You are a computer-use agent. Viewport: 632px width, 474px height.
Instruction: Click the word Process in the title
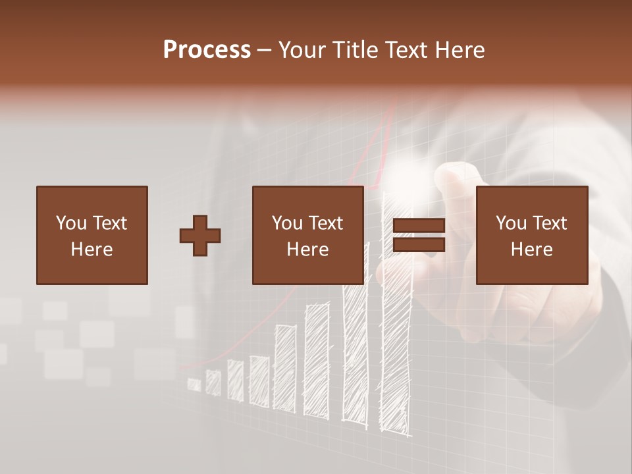point(207,50)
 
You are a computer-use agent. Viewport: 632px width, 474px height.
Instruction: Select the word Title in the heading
point(355,50)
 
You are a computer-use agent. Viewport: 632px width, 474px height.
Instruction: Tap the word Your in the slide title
point(303,50)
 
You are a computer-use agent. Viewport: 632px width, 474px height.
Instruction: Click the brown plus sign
point(200,235)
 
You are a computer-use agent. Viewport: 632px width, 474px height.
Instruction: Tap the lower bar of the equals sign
point(419,245)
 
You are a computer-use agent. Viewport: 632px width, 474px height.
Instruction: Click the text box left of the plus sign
point(92,235)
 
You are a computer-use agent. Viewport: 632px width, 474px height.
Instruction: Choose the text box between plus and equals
point(307,235)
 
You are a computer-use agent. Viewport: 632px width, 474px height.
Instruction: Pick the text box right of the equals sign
point(531,235)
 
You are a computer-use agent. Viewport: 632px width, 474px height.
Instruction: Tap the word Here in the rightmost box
point(531,249)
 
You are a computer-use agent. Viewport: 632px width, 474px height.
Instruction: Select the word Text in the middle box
point(325,223)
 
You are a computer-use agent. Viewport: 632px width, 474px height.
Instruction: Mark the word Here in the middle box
point(307,249)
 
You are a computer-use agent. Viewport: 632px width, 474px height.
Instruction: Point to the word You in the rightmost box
point(510,223)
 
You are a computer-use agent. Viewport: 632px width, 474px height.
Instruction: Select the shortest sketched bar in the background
point(194,384)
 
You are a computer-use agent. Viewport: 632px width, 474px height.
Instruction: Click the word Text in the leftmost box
point(109,223)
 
